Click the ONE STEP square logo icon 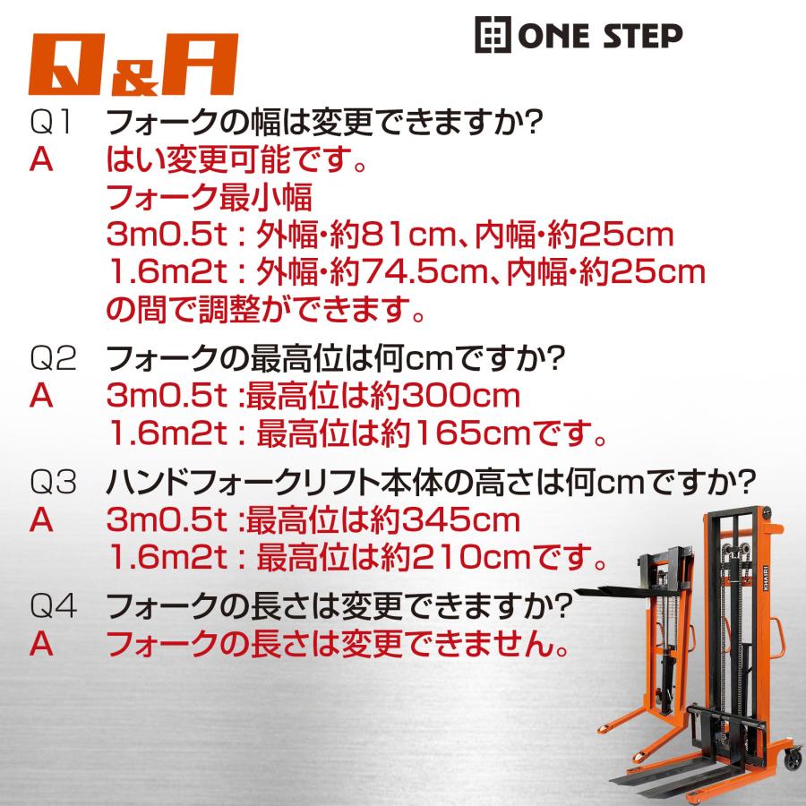point(493,34)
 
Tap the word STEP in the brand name point(642,36)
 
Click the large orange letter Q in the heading point(67,64)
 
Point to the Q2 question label point(53,357)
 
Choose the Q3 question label point(53,482)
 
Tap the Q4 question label point(54,605)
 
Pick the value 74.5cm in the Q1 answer point(425,272)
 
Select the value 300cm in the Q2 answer point(460,396)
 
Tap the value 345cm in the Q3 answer point(460,520)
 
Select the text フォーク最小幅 point(210,197)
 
